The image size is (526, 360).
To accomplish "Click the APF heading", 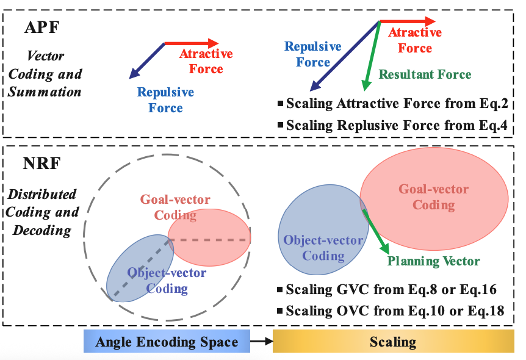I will click(x=41, y=27).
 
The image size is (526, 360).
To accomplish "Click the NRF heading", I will click(x=41, y=165).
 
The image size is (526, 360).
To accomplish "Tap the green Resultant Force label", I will click(x=425, y=74).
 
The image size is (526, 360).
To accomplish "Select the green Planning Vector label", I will click(x=433, y=261).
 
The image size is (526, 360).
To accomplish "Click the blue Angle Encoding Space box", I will click(x=167, y=341).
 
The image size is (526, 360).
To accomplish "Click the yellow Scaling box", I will click(x=393, y=341).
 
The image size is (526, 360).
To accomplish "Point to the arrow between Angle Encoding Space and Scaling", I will click(x=261, y=341).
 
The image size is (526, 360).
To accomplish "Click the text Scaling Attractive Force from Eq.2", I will click(x=397, y=104).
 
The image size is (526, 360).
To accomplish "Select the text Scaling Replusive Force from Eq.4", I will click(x=397, y=126).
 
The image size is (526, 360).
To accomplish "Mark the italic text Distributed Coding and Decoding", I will click(x=43, y=213).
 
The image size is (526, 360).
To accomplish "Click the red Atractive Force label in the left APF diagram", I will click(x=206, y=61).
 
